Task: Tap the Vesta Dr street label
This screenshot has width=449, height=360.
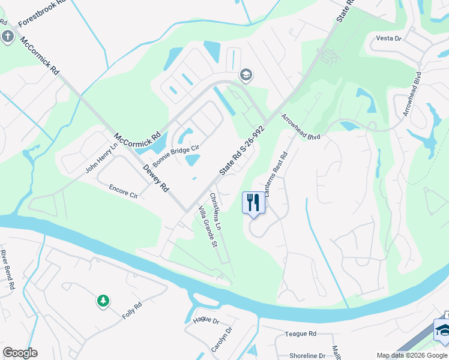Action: pos(388,38)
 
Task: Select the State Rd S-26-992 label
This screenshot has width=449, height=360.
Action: pos(242,150)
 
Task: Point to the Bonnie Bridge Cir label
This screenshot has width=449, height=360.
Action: pos(175,156)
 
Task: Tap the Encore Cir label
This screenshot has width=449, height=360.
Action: pos(123,191)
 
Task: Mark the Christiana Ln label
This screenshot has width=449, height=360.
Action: pos(215,211)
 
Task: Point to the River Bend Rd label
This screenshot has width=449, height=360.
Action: pos(7,270)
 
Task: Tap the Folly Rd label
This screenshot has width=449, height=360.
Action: pos(132,310)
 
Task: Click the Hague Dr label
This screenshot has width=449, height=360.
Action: pos(206,320)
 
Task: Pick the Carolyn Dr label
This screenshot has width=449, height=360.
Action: pos(221,340)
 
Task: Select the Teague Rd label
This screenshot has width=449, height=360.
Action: pos(301,334)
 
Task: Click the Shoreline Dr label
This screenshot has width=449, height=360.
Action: pos(307,356)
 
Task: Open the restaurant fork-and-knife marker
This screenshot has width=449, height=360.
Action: pos(253,202)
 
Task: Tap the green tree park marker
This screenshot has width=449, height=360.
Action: pos(103,301)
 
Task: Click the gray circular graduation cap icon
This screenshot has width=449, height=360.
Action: pos(246,75)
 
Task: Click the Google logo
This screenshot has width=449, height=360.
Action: pos(20,353)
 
